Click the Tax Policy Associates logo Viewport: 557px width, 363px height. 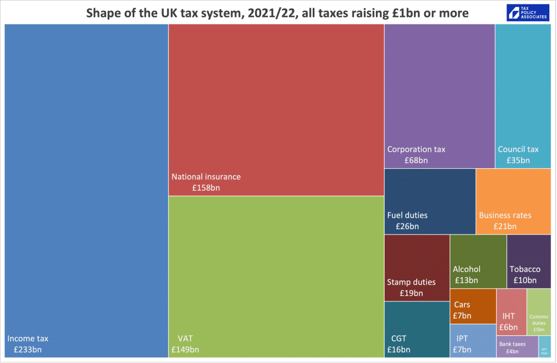(x=527, y=13)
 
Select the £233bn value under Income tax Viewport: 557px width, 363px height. (x=27, y=349)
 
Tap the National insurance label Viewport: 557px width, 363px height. (x=206, y=176)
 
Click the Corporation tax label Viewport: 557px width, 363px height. (x=416, y=149)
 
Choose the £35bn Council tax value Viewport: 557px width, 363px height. (x=518, y=161)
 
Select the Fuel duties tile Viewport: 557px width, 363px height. (x=429, y=201)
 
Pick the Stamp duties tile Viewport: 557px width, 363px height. (x=416, y=268)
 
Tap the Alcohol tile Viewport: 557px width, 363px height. (x=478, y=261)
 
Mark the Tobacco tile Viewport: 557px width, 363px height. (x=528, y=261)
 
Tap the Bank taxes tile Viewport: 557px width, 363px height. (x=516, y=346)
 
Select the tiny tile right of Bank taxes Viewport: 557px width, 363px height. (x=544, y=346)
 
